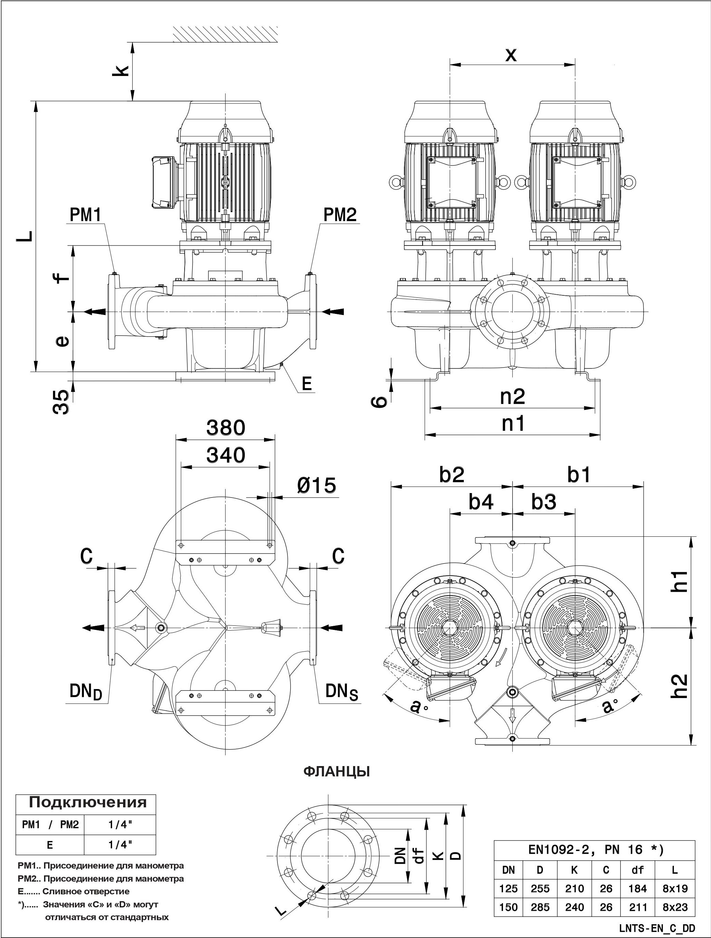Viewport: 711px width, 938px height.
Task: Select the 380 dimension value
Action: click(x=226, y=428)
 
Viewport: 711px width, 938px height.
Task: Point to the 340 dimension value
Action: click(x=226, y=455)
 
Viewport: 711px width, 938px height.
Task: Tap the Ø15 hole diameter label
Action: click(x=316, y=486)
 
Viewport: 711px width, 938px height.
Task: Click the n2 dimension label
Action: click(x=513, y=396)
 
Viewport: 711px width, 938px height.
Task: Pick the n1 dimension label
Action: click(x=513, y=423)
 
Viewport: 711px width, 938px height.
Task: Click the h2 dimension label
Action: click(x=680, y=686)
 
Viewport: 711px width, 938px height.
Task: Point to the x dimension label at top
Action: click(x=511, y=55)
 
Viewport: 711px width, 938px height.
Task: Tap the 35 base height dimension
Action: click(x=61, y=402)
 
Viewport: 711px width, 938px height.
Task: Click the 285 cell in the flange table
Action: click(x=540, y=907)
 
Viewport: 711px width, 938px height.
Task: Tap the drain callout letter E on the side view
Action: click(x=307, y=384)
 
